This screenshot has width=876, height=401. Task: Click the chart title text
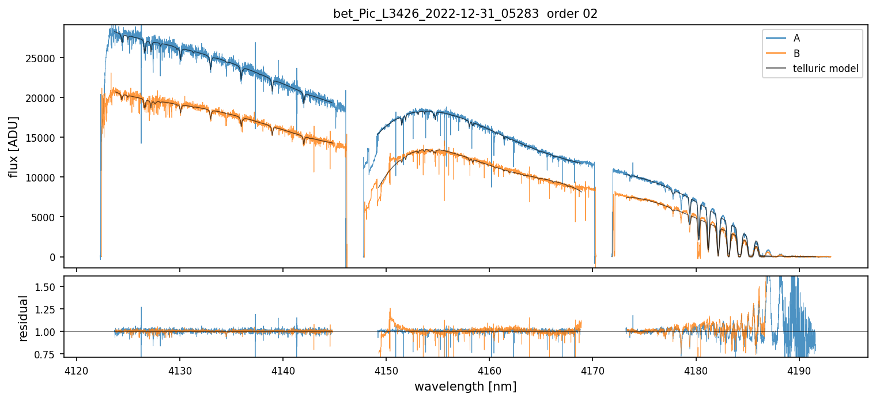[x=465, y=14]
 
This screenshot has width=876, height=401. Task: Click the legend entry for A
[x=796, y=38]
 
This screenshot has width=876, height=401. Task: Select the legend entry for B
[x=796, y=54]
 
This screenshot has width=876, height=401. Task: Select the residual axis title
[x=23, y=318]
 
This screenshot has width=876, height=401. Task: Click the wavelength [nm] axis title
[x=465, y=386]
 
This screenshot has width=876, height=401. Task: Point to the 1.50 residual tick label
[x=48, y=287]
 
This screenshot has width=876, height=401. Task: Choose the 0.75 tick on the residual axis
[x=48, y=354]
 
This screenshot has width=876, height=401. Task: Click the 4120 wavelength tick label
[x=77, y=369]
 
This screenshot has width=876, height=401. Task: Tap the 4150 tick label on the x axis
[x=386, y=369]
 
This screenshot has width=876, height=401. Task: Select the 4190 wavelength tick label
[x=799, y=369]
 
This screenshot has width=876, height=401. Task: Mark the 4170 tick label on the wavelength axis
[x=592, y=369]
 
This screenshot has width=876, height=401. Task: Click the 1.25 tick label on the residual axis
[x=48, y=309]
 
